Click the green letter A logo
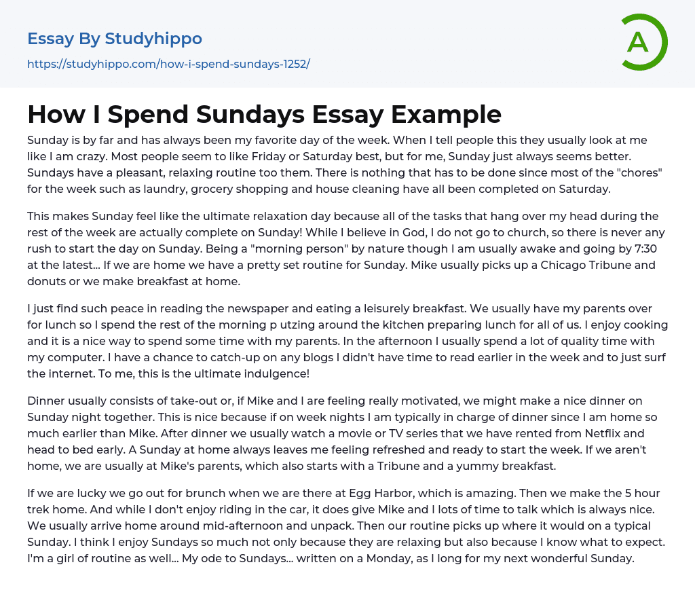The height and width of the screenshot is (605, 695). pos(643,42)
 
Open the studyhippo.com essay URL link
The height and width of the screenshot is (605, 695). pos(168,65)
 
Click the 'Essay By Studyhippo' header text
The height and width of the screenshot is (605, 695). pos(115,39)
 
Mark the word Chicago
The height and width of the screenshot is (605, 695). pos(570,265)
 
